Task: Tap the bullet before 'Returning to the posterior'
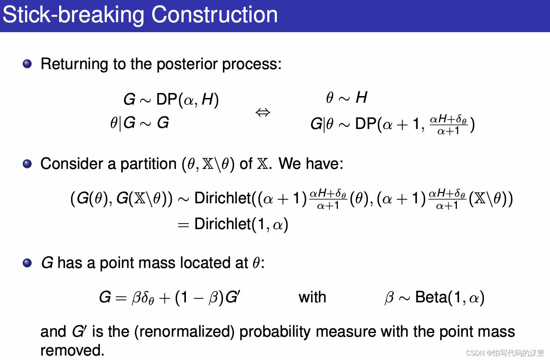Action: pos(27,64)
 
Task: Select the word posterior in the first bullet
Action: pos(187,64)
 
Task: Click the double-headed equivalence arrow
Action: pos(263,112)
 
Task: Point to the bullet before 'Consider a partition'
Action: pos(27,164)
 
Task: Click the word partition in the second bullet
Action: pos(149,164)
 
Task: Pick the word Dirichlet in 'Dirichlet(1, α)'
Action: pos(223,224)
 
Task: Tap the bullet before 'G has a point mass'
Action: pos(27,263)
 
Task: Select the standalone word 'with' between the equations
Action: pos(312,297)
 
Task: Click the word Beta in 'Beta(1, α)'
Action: pos(431,297)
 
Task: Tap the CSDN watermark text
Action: pos(505,353)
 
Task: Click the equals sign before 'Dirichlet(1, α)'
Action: pos(183,225)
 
